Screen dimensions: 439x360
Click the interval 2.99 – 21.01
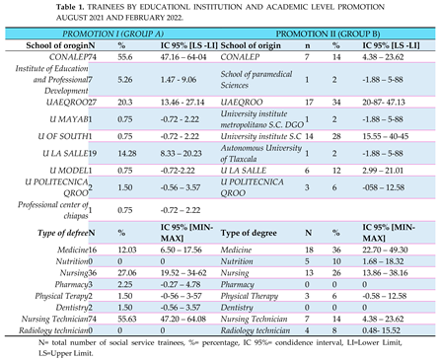pos(386,169)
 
